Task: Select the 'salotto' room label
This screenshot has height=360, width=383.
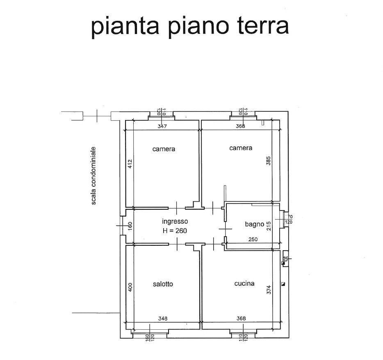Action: (x=163, y=284)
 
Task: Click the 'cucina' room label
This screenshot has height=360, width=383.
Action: (x=244, y=283)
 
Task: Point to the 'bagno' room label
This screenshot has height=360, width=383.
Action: (x=255, y=224)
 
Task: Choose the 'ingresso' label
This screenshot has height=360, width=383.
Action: (x=175, y=222)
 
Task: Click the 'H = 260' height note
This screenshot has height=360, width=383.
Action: (x=175, y=231)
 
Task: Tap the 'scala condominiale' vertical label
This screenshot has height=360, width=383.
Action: (x=93, y=176)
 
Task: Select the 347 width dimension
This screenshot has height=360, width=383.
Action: (x=162, y=126)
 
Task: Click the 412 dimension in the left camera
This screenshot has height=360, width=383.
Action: (x=130, y=164)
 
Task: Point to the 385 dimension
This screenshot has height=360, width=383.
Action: (x=269, y=161)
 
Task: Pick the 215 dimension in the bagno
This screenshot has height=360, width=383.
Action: (x=269, y=226)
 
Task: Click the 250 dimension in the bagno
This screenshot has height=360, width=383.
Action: (x=253, y=240)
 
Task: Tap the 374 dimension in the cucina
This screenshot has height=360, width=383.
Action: (x=269, y=290)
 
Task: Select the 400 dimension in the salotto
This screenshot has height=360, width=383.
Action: (x=130, y=287)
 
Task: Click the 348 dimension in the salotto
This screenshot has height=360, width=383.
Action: (x=163, y=319)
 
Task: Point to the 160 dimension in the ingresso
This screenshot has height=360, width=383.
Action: (x=130, y=226)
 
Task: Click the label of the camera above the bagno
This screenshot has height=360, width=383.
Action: (x=241, y=148)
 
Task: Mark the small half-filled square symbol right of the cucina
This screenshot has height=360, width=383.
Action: (x=283, y=284)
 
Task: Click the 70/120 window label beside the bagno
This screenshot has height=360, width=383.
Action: (x=289, y=219)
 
